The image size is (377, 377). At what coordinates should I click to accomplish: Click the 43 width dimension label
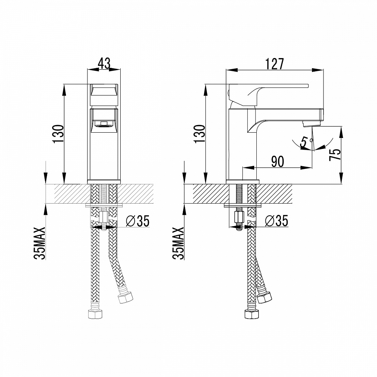[x=104, y=63]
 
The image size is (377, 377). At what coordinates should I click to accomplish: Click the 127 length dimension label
[x=275, y=64]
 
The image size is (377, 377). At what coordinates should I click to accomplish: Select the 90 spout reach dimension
[x=277, y=161]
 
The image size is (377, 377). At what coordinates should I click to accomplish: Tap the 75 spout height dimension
[x=334, y=155]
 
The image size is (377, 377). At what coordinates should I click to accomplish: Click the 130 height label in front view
[x=58, y=133]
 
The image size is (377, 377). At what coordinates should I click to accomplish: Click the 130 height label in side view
[x=199, y=133]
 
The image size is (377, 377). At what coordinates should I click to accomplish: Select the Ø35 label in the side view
[x=276, y=221]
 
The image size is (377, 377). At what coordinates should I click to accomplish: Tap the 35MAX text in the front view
[x=40, y=243]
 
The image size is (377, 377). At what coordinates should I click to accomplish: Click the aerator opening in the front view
[x=104, y=123]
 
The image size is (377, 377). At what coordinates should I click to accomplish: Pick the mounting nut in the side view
[x=238, y=217]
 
